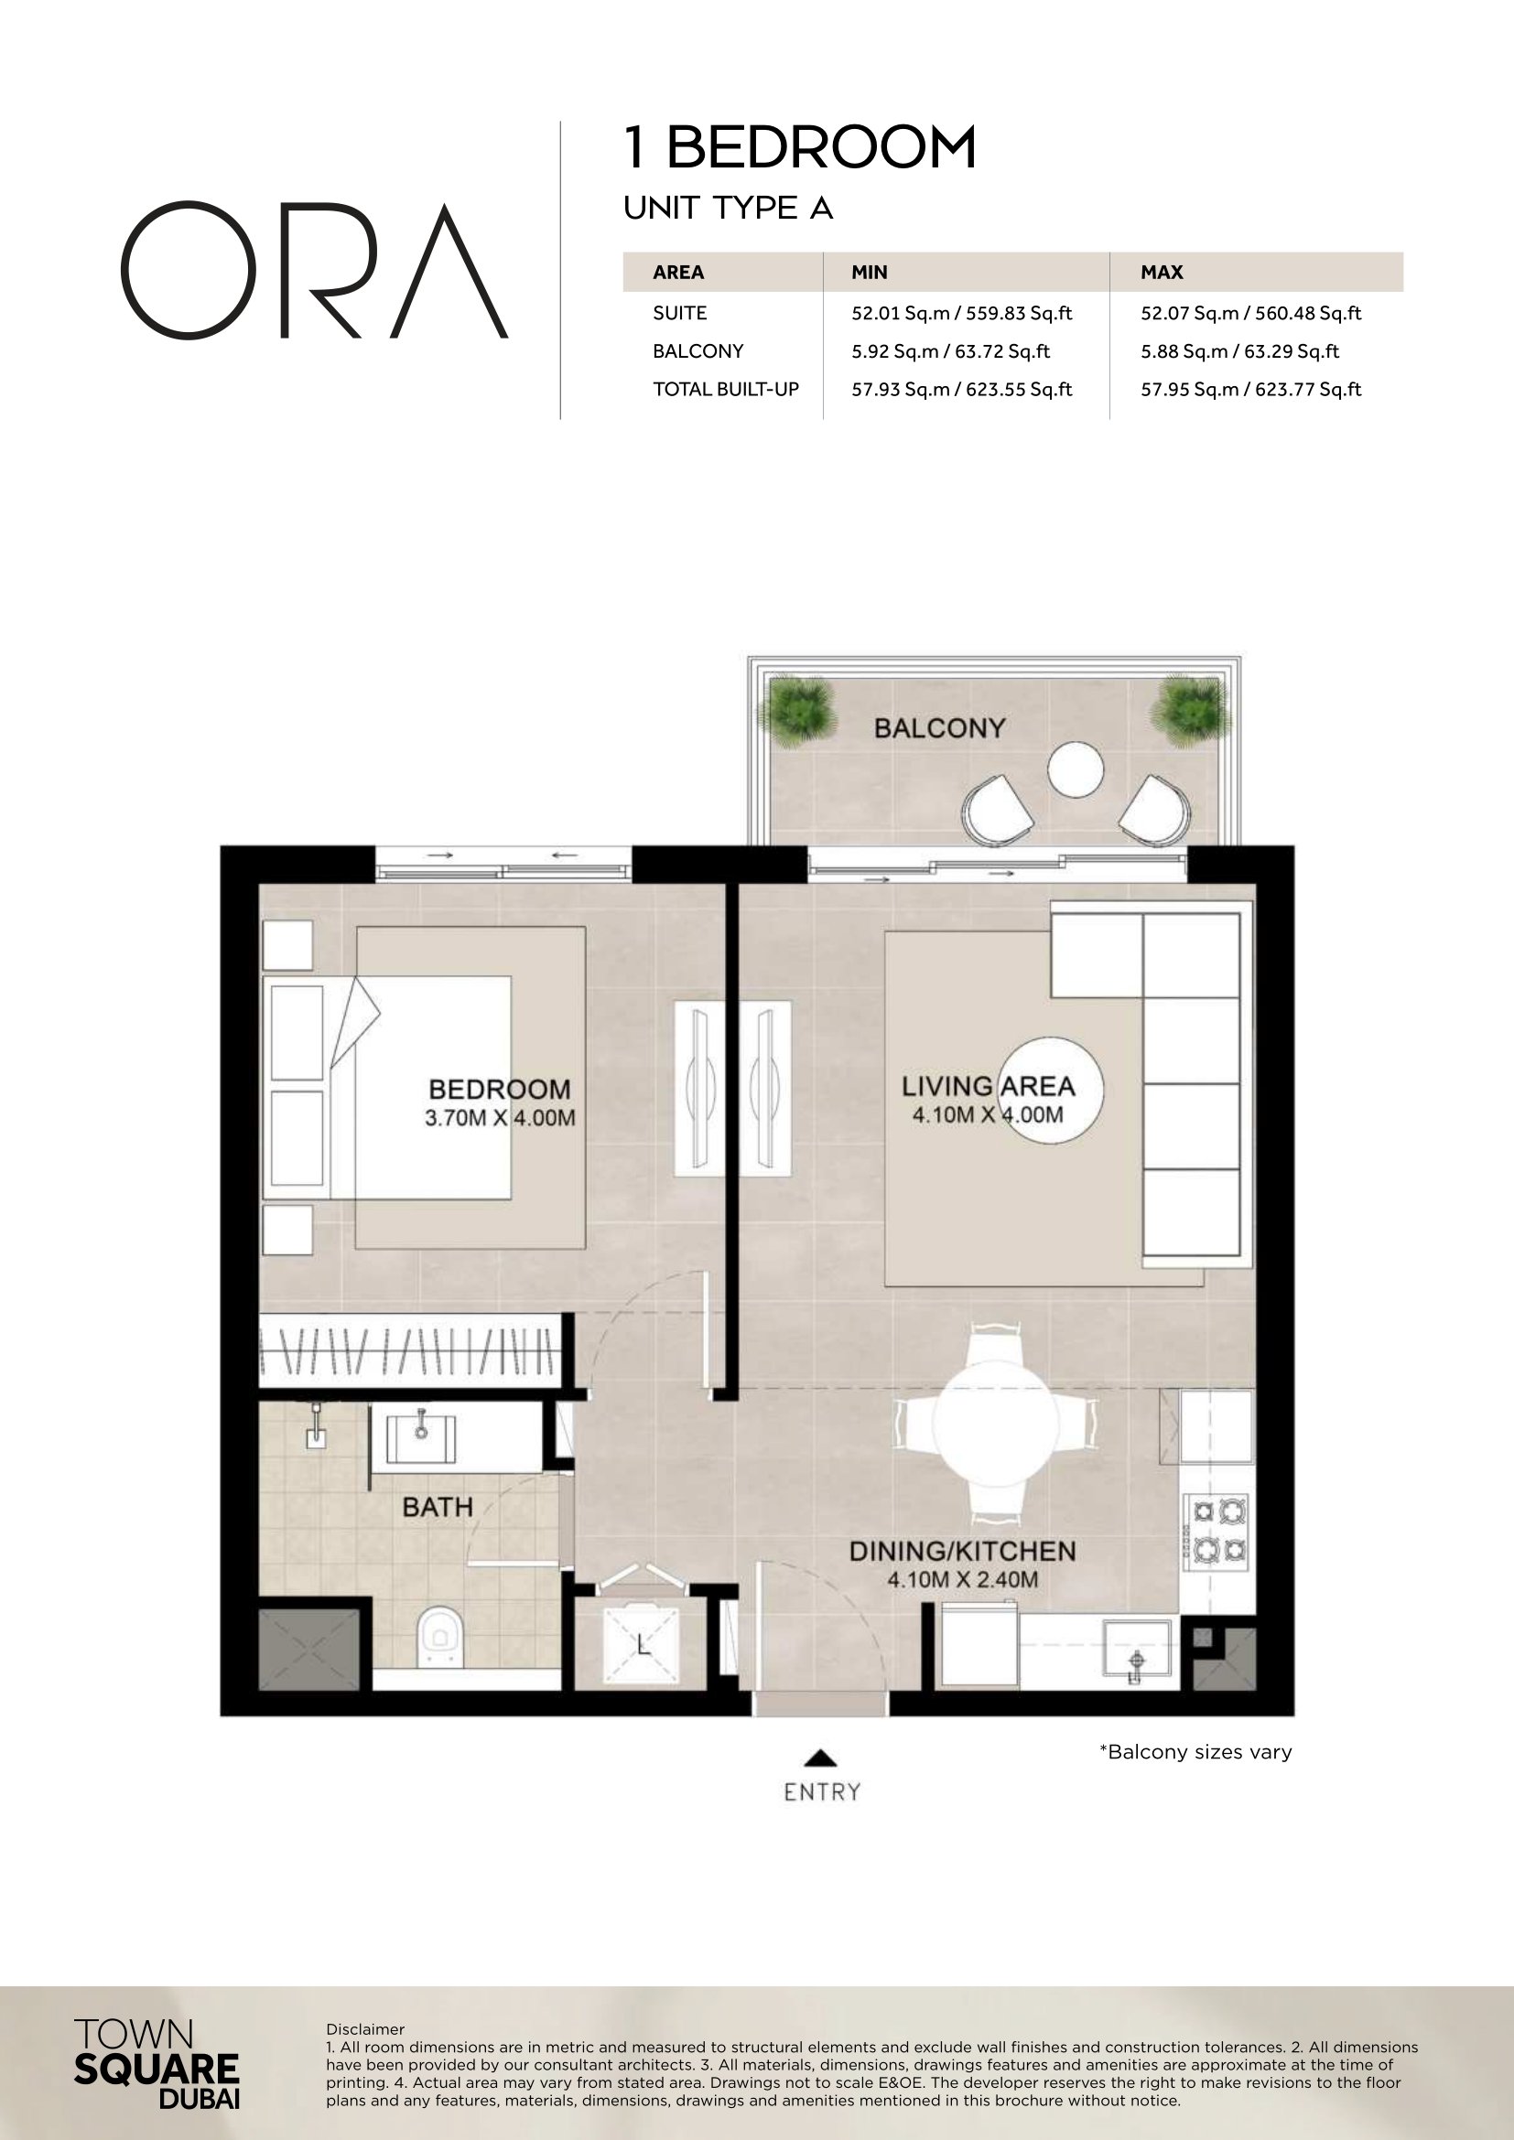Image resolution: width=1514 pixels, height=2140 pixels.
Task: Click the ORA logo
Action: coord(314,270)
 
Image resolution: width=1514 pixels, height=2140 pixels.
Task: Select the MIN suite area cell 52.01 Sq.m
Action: coord(961,313)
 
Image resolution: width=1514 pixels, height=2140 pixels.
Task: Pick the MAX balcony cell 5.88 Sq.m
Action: coord(1239,351)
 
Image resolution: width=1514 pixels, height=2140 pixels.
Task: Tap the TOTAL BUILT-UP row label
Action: coord(725,390)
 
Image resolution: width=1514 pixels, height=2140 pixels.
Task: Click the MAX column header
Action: coord(1162,272)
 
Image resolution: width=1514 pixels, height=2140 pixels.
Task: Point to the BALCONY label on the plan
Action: coord(940,728)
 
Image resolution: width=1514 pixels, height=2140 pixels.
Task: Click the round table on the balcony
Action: coord(1075,769)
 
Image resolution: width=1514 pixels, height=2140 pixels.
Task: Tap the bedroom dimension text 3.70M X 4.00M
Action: coord(500,1117)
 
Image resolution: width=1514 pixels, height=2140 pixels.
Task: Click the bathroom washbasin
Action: coord(420,1438)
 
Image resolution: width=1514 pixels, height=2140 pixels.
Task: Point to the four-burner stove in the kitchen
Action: coord(1216,1529)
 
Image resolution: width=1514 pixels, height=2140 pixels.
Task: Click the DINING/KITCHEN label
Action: coord(962,1551)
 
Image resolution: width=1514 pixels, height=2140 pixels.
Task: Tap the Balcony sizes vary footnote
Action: coord(1195,1751)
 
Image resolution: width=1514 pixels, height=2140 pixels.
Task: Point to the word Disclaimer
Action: coord(365,2029)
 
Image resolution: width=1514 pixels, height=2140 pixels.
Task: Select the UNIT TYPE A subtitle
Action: coord(728,208)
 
